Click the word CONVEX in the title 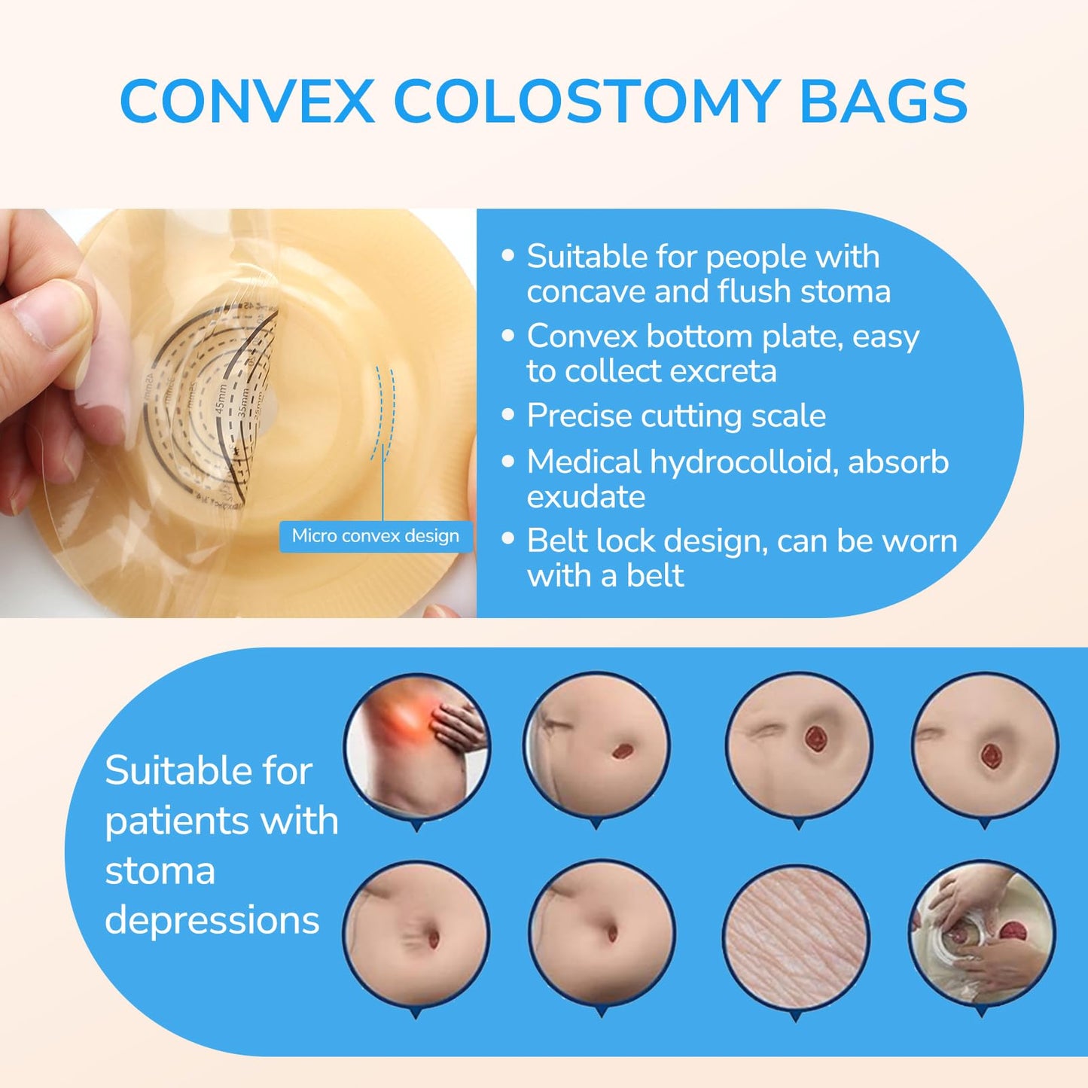point(247,102)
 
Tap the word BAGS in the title point(883,102)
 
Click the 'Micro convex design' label point(376,536)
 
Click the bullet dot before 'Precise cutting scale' point(508,415)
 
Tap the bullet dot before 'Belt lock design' point(508,539)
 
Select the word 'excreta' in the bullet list point(727,370)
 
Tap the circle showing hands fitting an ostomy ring point(983,934)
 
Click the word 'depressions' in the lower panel point(212,920)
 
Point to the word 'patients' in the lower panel point(169,821)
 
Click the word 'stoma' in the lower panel point(160,871)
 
